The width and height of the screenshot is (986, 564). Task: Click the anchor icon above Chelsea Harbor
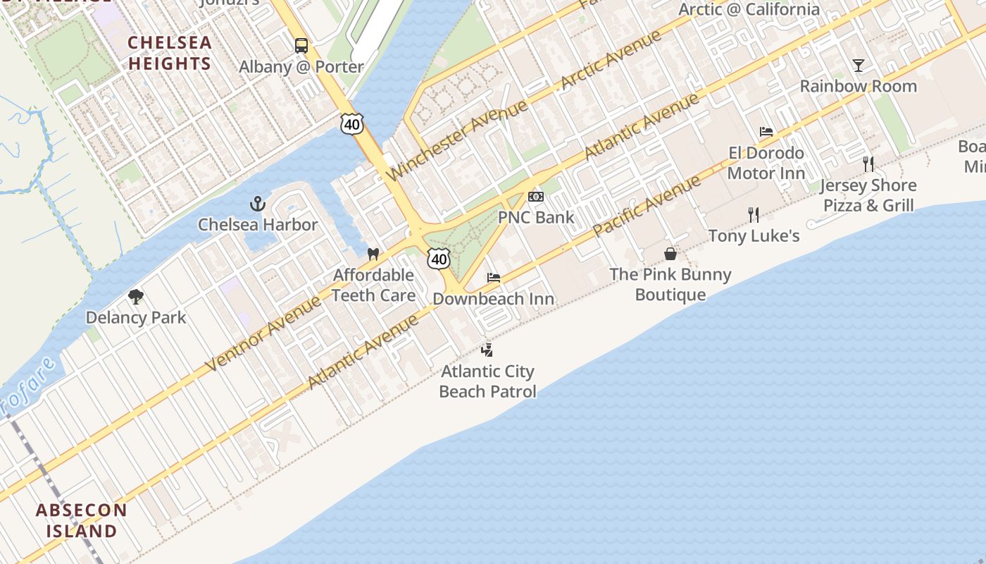tap(258, 204)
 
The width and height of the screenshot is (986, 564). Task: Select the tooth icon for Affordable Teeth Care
tap(373, 254)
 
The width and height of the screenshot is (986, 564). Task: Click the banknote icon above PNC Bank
tap(536, 197)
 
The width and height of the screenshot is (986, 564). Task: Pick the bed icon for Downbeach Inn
tap(494, 278)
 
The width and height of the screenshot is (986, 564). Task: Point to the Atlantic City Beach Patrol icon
tap(487, 350)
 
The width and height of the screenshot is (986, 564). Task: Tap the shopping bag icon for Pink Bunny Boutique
tap(670, 254)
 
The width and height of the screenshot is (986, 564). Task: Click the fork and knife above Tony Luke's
tap(754, 214)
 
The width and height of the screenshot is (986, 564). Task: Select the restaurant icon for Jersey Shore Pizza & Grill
tap(868, 164)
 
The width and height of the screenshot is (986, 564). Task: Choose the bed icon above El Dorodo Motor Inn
tap(766, 132)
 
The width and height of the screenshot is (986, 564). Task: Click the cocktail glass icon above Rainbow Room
tap(858, 66)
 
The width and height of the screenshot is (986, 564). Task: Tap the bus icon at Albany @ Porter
tap(301, 46)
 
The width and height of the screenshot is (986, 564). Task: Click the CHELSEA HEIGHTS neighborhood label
tap(170, 53)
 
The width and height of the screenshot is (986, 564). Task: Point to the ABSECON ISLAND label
tap(82, 520)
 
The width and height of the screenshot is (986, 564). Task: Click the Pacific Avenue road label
tap(647, 206)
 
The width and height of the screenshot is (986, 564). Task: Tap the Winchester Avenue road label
tap(457, 140)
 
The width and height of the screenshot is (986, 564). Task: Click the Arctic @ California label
tap(749, 10)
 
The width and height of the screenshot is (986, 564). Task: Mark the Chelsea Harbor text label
tap(258, 225)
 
